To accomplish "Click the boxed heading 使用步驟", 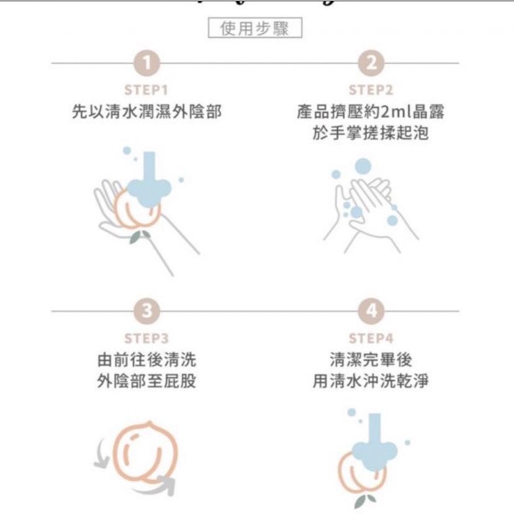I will (255, 29).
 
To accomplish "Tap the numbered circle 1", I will (147, 63).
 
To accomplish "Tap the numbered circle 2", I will (371, 63).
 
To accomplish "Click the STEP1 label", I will (147, 90).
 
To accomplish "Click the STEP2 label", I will (371, 90).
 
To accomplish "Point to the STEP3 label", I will (147, 338).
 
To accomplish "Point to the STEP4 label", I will (371, 338).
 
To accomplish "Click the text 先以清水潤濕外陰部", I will (147, 112).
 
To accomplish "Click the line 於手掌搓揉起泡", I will (371, 133).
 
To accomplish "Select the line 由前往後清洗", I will (147, 360).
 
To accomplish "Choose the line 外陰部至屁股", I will (147, 381).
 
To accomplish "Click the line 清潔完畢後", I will (371, 360).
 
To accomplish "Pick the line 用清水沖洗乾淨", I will (371, 381).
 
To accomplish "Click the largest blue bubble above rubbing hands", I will (363, 166).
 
